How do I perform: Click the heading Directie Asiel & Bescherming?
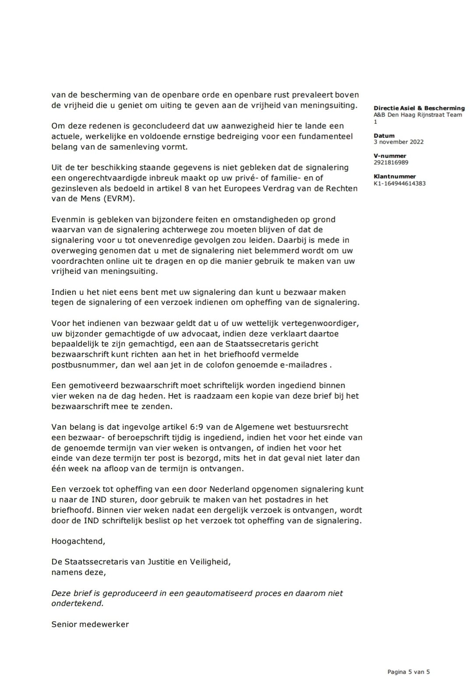coord(419,108)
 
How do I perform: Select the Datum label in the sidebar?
coord(384,136)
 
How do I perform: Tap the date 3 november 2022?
coord(399,142)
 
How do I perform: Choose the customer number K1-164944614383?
coord(399,183)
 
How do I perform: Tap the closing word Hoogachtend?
coord(78,541)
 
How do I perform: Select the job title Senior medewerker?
coord(90,624)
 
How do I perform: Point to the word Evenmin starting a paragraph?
coord(69,219)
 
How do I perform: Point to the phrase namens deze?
coord(78,572)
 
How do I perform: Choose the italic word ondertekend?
coord(77,603)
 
